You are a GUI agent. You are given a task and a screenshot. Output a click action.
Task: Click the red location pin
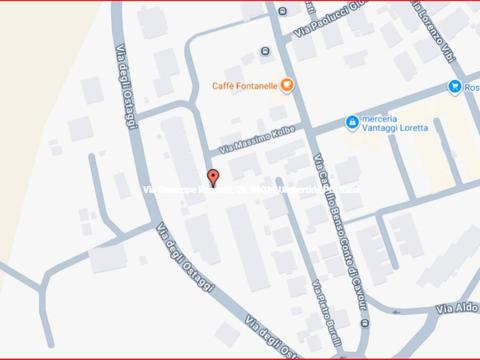click(x=213, y=178)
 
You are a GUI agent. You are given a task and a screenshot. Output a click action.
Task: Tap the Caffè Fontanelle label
click(x=245, y=86)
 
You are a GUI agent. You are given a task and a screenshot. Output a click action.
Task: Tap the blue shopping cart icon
click(x=454, y=86)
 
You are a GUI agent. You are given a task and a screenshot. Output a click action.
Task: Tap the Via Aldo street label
click(x=457, y=308)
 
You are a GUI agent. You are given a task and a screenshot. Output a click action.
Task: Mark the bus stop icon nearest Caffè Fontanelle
click(x=265, y=51)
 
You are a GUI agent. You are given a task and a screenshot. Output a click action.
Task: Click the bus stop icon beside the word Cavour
click(x=365, y=323)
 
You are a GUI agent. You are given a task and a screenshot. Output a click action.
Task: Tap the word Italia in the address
click(x=350, y=190)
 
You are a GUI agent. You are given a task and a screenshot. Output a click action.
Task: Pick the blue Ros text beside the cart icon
click(x=471, y=87)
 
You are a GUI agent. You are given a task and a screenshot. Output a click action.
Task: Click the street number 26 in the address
click(x=241, y=190)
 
